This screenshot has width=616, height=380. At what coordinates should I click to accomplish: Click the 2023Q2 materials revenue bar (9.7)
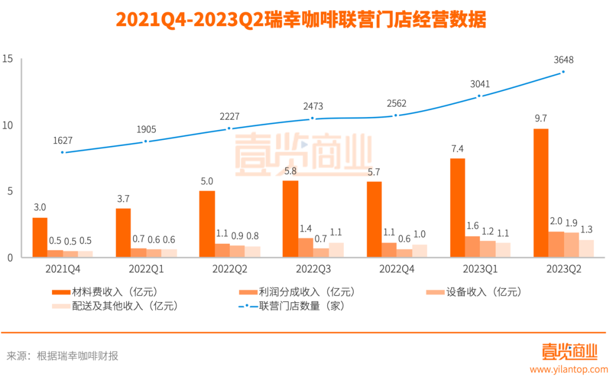541,193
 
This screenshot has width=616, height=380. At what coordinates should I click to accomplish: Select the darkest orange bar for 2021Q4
40,237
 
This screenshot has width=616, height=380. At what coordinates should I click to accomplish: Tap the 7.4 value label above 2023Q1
457,149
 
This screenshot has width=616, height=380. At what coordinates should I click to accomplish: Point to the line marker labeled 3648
563,72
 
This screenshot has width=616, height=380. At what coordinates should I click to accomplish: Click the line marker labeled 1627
62,152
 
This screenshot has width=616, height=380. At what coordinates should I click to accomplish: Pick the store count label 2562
395,103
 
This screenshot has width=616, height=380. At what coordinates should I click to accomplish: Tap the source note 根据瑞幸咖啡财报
78,356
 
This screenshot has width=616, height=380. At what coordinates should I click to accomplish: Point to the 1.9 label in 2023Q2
571,223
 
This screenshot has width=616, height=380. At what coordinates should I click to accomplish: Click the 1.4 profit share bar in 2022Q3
306,248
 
